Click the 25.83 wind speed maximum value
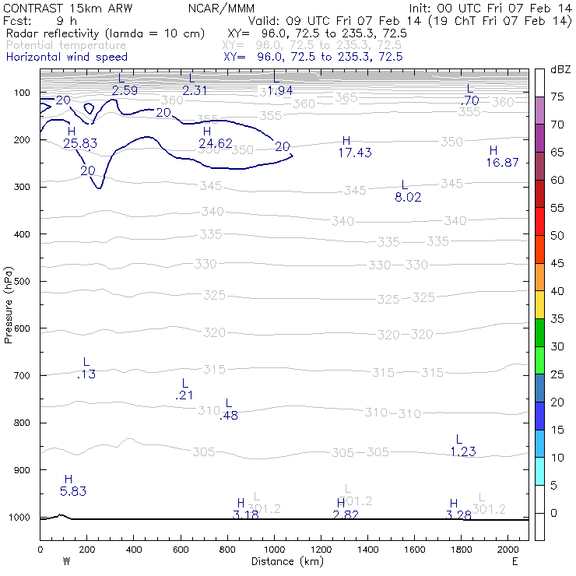[80, 144]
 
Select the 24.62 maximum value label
[216, 143]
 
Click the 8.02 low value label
[408, 198]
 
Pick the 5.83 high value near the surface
[73, 491]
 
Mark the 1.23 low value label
[462, 451]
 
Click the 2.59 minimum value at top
[125, 90]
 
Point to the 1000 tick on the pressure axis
[24, 518]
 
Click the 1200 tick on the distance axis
[321, 549]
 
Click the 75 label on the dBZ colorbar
[557, 97]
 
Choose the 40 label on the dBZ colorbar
[557, 291]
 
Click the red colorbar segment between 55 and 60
[539, 195]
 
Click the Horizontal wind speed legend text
[67, 57]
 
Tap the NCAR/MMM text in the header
[221, 8]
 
